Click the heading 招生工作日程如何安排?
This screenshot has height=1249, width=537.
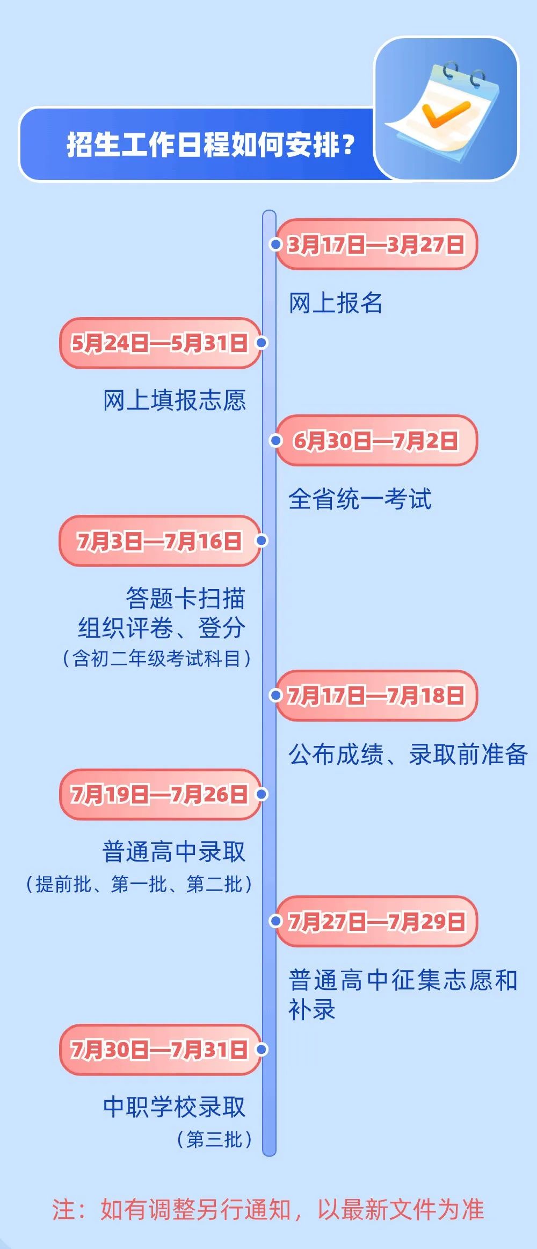(x=211, y=145)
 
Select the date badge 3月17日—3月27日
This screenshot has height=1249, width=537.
(x=376, y=245)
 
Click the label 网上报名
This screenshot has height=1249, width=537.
(x=336, y=303)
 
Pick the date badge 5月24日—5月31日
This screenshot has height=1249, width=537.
(x=160, y=343)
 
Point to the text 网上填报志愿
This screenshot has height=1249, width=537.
(x=175, y=400)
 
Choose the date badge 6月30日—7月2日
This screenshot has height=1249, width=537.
(x=376, y=441)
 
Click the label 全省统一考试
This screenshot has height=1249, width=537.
(x=360, y=499)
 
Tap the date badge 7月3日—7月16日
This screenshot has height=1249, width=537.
(x=159, y=541)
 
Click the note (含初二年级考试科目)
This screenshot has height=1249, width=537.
(x=157, y=658)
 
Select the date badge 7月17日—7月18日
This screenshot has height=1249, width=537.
(x=376, y=695)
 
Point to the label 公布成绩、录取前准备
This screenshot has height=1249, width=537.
(x=408, y=754)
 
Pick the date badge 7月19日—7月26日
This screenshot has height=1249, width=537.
(x=160, y=794)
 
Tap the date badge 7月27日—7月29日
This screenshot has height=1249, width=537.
(x=376, y=922)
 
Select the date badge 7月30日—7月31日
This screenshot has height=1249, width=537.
(x=160, y=1050)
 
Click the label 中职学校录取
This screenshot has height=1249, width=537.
(x=175, y=1107)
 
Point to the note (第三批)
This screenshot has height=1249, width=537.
(x=215, y=1139)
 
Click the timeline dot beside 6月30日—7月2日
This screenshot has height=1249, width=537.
(x=275, y=441)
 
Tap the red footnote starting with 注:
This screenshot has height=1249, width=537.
(x=268, y=1210)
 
